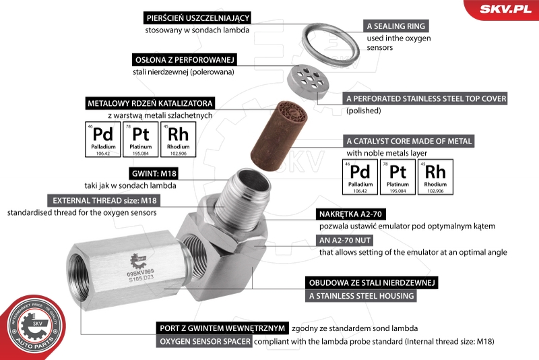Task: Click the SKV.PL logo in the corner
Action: (x=505, y=9)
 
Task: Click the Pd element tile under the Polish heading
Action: (x=103, y=140)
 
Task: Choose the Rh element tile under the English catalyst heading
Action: (x=435, y=177)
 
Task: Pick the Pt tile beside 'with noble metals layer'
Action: (x=398, y=177)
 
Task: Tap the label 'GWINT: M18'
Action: (x=154, y=173)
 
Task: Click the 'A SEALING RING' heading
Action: (x=395, y=26)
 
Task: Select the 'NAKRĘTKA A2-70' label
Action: (x=350, y=214)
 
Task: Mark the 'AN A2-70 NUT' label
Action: (x=344, y=241)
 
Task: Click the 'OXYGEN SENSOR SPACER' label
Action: (x=205, y=341)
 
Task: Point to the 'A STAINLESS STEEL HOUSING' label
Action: (x=361, y=296)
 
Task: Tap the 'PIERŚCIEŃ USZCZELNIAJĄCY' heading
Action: (x=197, y=18)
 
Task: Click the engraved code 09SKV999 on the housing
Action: (x=140, y=273)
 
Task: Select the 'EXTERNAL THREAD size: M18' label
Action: (x=104, y=200)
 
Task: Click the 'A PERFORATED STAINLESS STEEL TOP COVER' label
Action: (x=426, y=98)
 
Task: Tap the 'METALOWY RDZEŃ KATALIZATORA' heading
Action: (x=150, y=103)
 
